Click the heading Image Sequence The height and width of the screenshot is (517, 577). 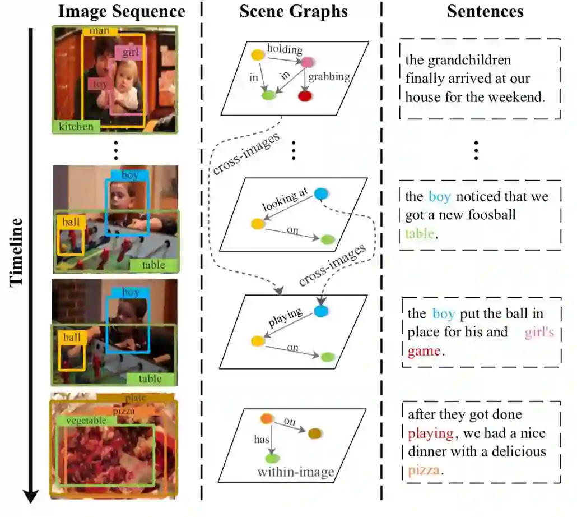pos(122,11)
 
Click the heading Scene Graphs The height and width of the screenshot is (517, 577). pos(293,11)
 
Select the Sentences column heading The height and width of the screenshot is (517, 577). pos(485,11)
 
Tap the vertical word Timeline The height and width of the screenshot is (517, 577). pos(16,252)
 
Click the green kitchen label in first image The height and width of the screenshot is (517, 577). pos(76,126)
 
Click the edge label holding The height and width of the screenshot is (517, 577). pos(284,50)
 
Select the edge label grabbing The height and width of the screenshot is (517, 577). pos(329,76)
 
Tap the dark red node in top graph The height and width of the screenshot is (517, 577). pos(305,96)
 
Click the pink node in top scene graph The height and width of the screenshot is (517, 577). pos(306,63)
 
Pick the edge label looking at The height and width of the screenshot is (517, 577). pos(285,200)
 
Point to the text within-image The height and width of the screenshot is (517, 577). pos(295,472)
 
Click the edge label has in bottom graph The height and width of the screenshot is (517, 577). pos(262,440)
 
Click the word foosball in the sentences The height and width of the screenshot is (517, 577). pos(488,215)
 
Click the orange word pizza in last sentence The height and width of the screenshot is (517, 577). pos(424,470)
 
